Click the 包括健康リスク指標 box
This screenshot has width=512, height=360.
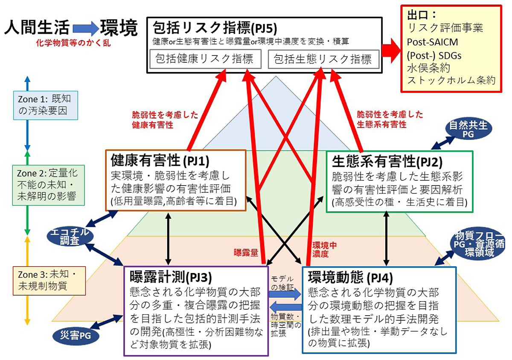pos(206,59)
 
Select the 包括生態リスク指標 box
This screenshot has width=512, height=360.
pos(323,59)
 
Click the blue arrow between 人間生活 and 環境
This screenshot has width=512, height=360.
pos(85,29)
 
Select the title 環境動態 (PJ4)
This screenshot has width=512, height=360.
pos(346,278)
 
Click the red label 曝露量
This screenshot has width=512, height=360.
pos(246,253)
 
